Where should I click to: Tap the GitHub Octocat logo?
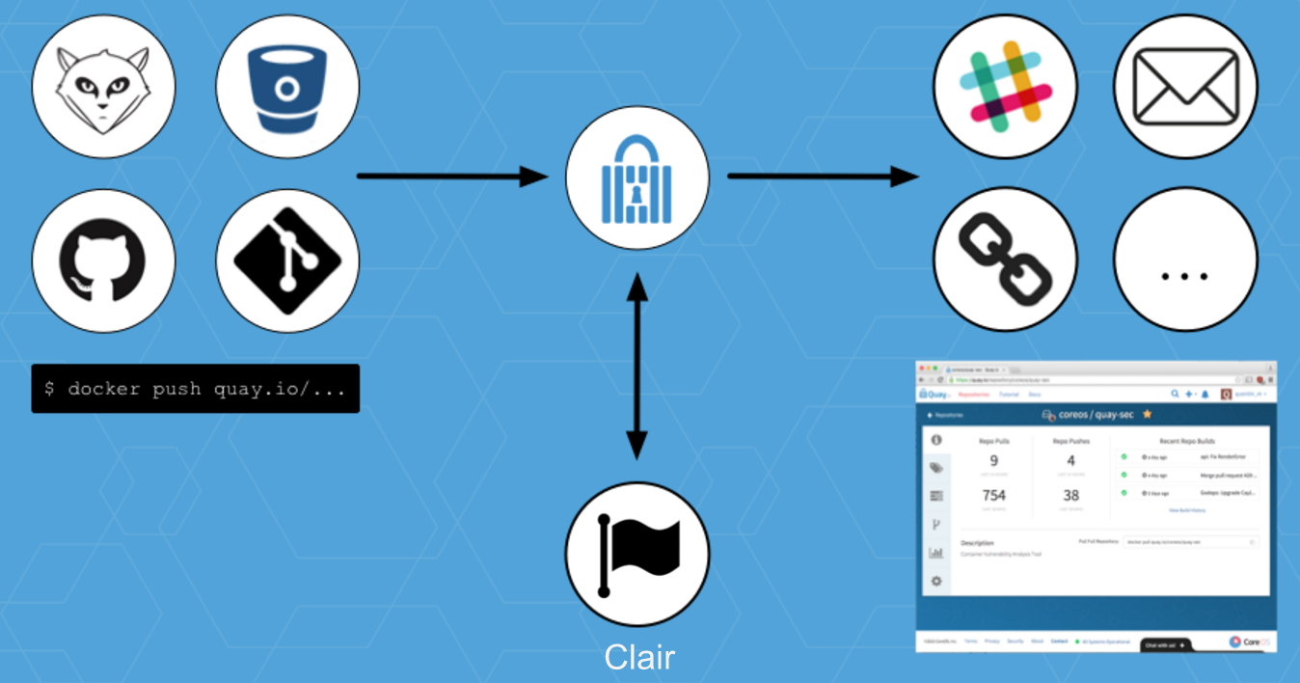104,261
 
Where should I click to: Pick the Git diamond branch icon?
287,261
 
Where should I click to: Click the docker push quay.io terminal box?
196,389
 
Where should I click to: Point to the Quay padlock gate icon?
636,178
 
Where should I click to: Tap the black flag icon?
636,555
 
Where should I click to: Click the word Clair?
639,658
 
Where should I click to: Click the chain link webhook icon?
1005,260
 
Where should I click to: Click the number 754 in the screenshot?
993,496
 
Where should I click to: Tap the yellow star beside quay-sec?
1148,414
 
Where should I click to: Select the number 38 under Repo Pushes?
1071,496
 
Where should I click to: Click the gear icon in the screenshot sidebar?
935,582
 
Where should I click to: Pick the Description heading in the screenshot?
977,543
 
